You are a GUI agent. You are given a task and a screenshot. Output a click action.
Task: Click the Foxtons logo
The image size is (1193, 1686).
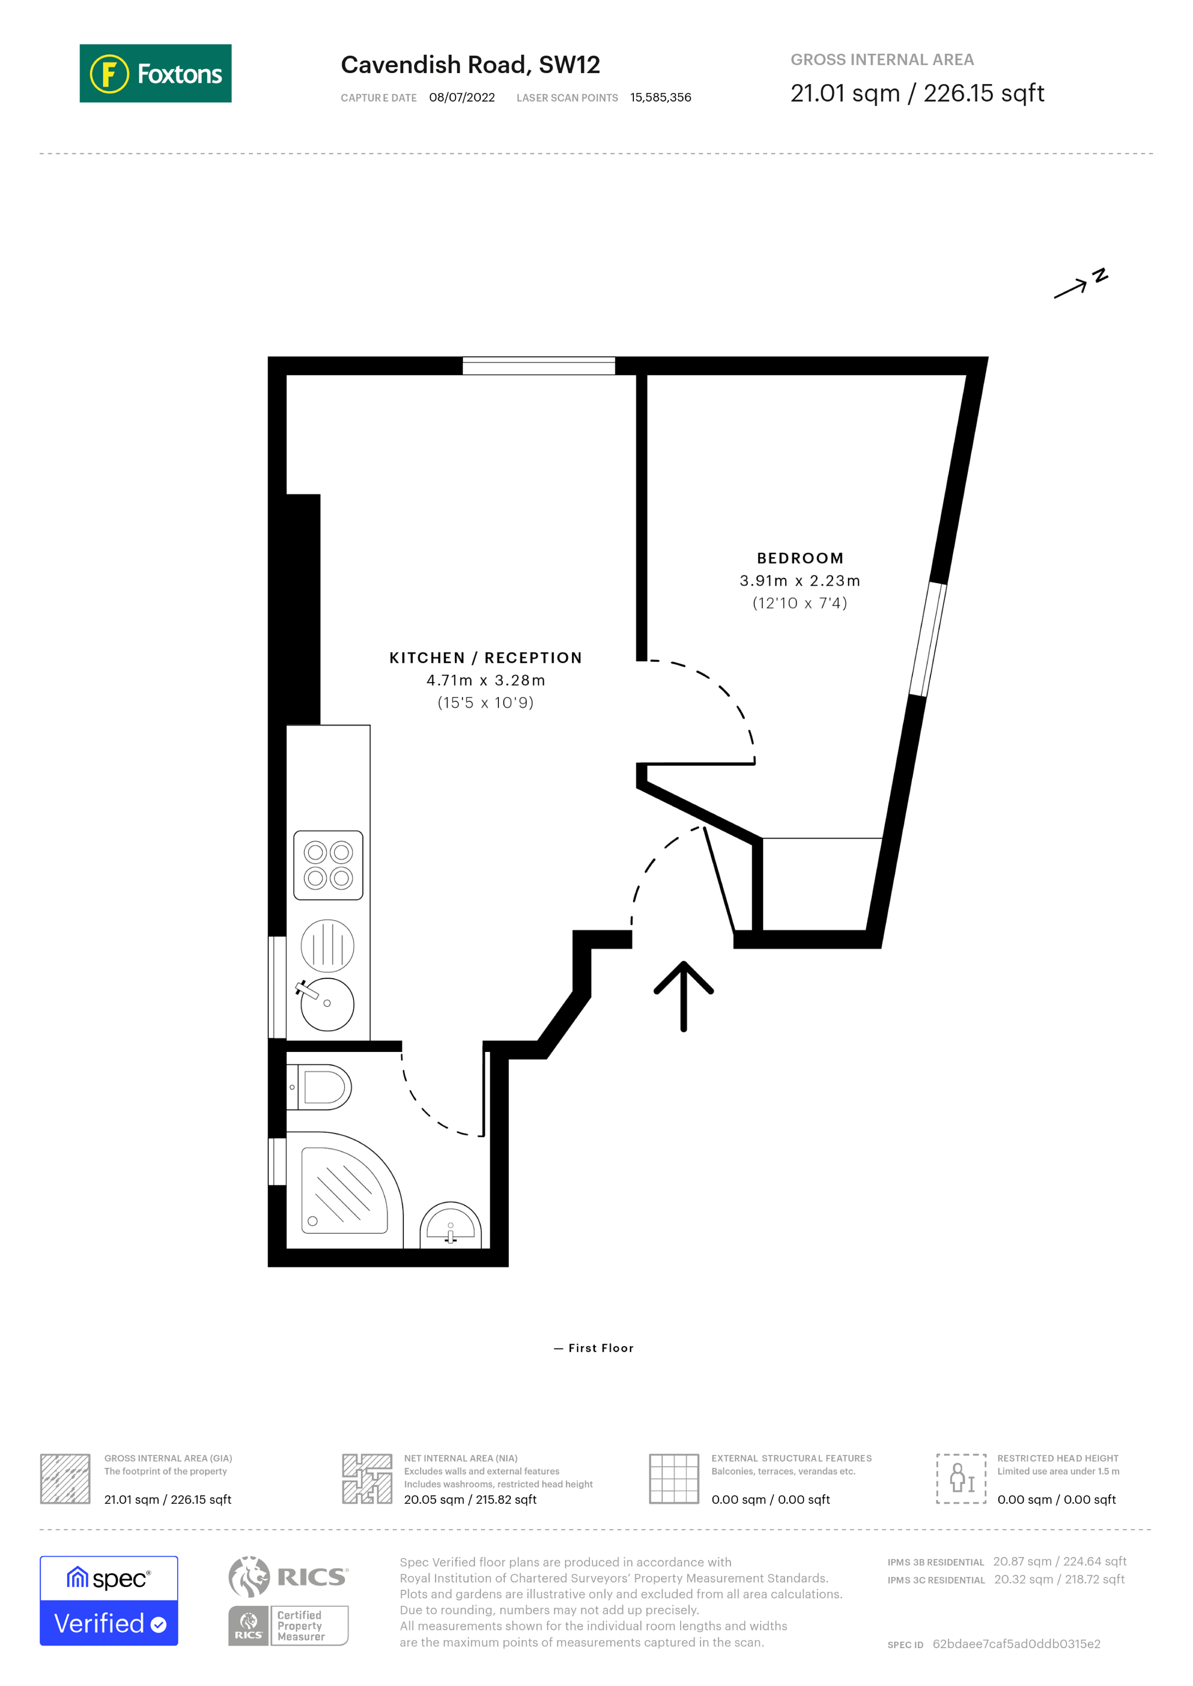pyautogui.click(x=155, y=73)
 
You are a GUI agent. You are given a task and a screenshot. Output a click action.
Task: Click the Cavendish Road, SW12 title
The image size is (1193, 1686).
pyautogui.click(x=470, y=64)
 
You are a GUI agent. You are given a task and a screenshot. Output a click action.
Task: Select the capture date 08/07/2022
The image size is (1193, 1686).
pyautogui.click(x=461, y=98)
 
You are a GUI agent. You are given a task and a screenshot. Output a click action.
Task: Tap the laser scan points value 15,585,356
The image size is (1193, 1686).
pyautogui.click(x=660, y=98)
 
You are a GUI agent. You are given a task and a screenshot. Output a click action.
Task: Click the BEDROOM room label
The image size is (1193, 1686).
pyautogui.click(x=799, y=558)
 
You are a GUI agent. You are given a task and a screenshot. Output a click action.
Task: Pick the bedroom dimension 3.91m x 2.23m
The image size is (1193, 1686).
pyautogui.click(x=799, y=581)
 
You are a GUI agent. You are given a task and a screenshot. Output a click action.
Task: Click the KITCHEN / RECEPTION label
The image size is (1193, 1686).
pyautogui.click(x=485, y=658)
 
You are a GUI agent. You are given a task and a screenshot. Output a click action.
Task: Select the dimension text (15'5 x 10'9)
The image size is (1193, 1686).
pyautogui.click(x=485, y=703)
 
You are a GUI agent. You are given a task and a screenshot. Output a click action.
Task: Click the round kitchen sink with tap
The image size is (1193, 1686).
pyautogui.click(x=327, y=1003)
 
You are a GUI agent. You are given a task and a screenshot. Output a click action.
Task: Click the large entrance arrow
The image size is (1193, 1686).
pyautogui.click(x=683, y=995)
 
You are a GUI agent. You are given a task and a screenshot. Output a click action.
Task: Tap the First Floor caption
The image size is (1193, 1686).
pyautogui.click(x=594, y=1348)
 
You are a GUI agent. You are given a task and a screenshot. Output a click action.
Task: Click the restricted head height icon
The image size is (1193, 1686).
pyautogui.click(x=960, y=1478)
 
